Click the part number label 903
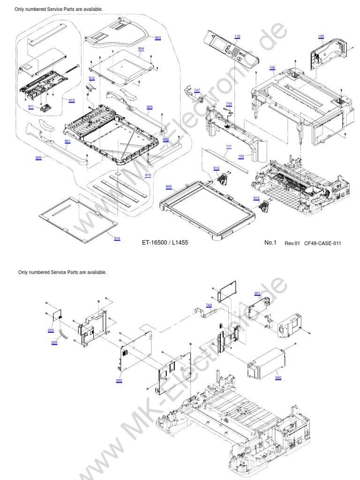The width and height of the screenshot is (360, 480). [x=157, y=38]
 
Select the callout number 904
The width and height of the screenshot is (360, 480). [x=141, y=49]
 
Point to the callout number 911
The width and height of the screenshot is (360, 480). [x=31, y=107]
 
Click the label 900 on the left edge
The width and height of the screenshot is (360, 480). [x=38, y=158]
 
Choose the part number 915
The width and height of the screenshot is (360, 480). [x=148, y=175]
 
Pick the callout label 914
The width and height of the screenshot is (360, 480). [x=117, y=239]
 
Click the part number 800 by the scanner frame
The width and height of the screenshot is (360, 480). [x=169, y=187]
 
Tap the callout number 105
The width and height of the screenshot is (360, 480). [x=321, y=37]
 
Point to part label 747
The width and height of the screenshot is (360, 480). [x=197, y=90]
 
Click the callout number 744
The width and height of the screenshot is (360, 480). [x=229, y=103]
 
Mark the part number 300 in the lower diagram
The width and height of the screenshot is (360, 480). [x=278, y=377]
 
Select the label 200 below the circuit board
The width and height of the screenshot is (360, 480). [x=119, y=380]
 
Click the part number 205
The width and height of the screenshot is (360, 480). [x=54, y=343]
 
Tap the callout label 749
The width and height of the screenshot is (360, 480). [x=209, y=305]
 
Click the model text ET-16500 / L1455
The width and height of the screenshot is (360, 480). [x=165, y=243]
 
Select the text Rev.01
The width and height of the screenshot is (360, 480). [x=292, y=243]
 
